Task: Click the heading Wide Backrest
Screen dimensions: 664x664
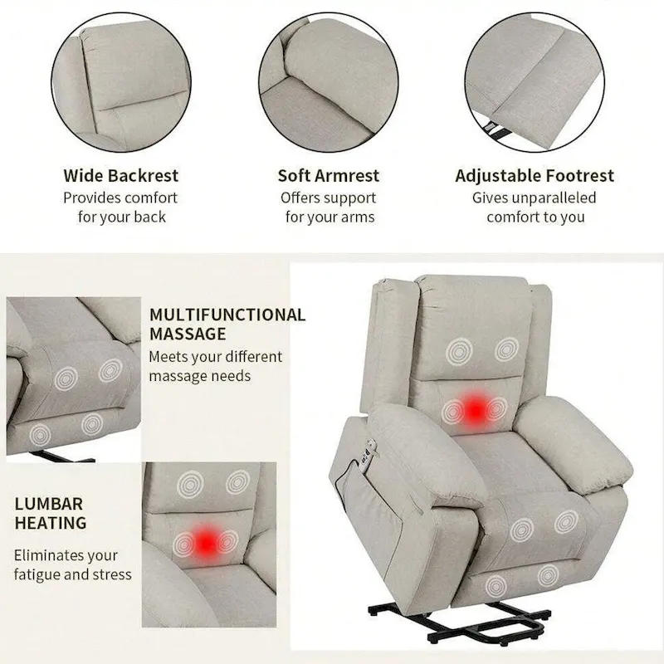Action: pos(121,176)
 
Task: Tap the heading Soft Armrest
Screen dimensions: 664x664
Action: pos(329,176)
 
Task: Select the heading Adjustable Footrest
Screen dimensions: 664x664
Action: pos(535,176)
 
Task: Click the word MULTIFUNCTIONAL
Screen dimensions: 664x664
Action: pos(227,315)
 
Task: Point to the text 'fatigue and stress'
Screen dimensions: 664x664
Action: pos(73,574)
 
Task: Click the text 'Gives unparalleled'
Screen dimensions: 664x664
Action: pos(535,198)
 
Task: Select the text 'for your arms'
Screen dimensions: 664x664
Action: pos(330,217)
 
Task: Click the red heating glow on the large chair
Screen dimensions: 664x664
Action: pos(474,408)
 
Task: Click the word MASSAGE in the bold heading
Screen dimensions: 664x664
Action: pos(188,334)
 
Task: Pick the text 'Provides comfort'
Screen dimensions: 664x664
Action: pos(121,198)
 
